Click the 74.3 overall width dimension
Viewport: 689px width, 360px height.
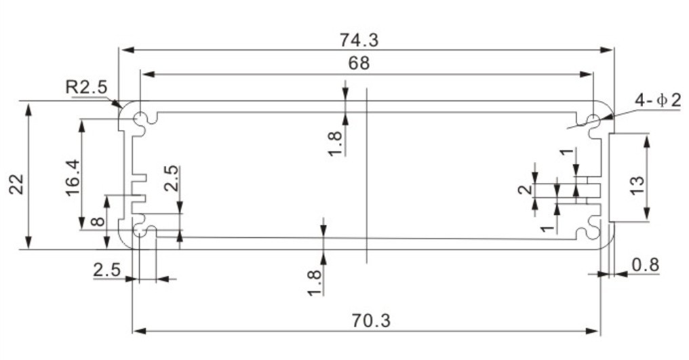pos(359,40)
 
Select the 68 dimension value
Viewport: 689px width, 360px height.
pos(359,63)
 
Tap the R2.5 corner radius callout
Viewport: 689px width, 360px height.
pos(86,87)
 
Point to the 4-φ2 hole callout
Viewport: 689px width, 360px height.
pos(658,100)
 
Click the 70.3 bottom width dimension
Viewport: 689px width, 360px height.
pos(371,321)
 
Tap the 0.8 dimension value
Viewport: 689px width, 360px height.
pos(646,264)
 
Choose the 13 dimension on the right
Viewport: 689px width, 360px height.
pos(637,184)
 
